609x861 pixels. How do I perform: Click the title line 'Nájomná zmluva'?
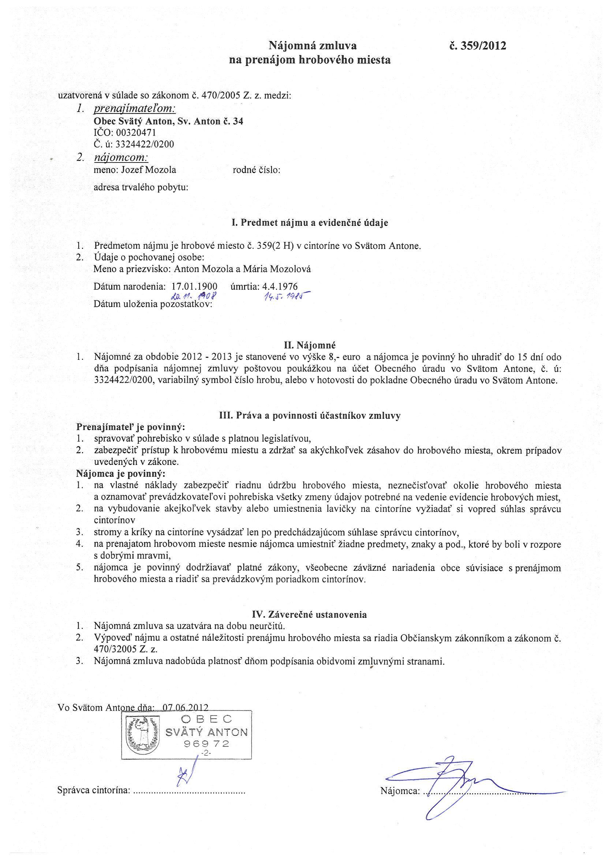pos(313,46)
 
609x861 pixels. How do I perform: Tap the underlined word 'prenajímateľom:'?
pos(134,109)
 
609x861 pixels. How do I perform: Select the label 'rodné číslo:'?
pos(257,170)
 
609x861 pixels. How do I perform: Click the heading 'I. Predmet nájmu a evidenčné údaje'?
pos(310,223)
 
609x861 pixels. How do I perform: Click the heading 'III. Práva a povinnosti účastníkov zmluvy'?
pos(310,415)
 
